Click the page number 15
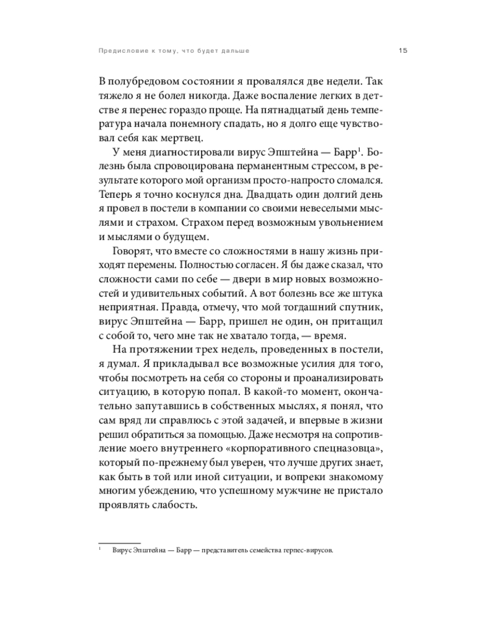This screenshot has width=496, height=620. tap(402, 50)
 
